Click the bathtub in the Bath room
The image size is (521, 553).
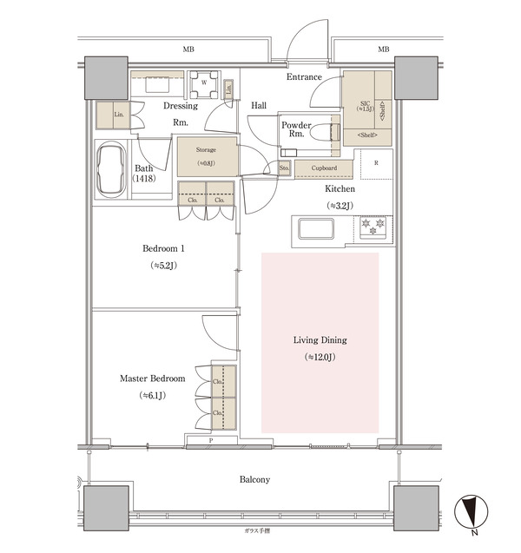click(x=110, y=169)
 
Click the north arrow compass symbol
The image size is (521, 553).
click(x=469, y=513)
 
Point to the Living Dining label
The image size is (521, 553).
click(x=320, y=340)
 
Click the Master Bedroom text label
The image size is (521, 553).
click(x=152, y=379)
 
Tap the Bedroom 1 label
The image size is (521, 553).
click(x=163, y=248)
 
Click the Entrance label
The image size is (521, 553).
click(x=304, y=77)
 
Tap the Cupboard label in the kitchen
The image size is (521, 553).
click(x=323, y=168)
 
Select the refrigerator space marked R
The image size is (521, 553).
click(x=374, y=163)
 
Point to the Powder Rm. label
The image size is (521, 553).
click(x=296, y=130)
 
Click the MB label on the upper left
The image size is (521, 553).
click(x=188, y=49)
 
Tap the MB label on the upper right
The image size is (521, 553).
click(x=383, y=49)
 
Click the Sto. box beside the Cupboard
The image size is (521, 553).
click(x=284, y=168)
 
